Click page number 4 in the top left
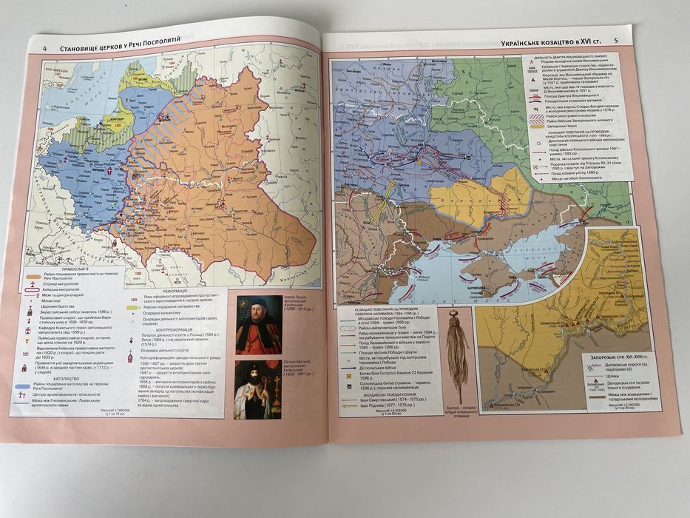point(45,49)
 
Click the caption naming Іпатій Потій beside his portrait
point(298,304)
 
